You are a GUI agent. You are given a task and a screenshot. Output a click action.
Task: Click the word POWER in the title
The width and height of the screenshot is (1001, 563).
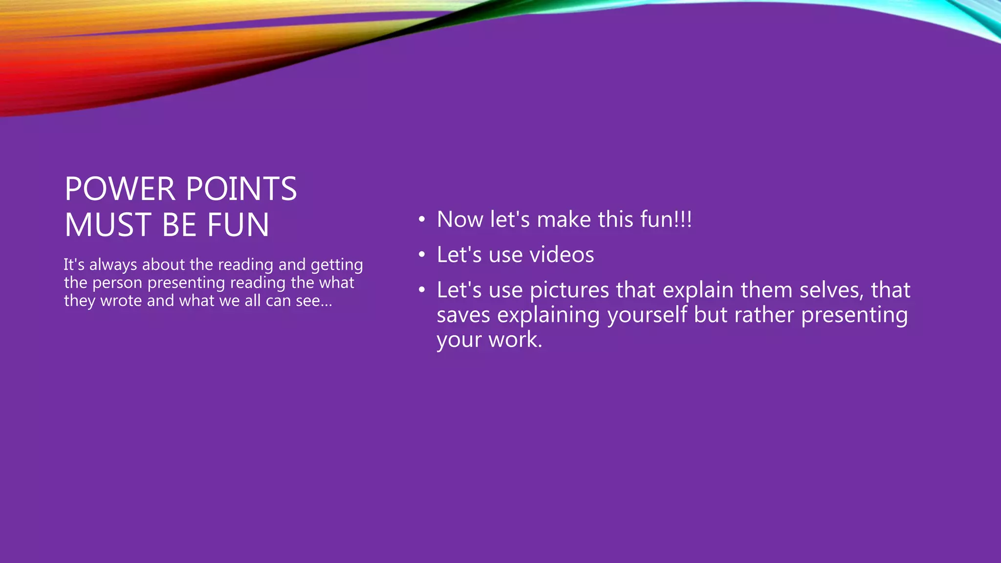pos(120,189)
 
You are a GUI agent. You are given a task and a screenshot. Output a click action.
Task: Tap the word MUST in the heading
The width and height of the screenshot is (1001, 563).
pos(108,225)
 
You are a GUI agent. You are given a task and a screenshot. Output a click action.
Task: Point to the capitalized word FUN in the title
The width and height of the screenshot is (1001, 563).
pos(238,225)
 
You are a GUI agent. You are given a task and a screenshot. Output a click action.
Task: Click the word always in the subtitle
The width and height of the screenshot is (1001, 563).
pos(113,265)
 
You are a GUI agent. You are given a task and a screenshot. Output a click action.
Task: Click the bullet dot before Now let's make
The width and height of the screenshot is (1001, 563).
pos(422,219)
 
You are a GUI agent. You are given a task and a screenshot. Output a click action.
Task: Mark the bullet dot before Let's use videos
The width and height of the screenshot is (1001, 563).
pos(422,255)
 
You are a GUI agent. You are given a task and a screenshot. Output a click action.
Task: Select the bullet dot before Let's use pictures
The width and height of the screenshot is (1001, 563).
pos(422,290)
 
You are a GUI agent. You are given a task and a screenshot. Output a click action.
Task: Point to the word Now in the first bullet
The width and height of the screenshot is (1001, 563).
pos(460,219)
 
